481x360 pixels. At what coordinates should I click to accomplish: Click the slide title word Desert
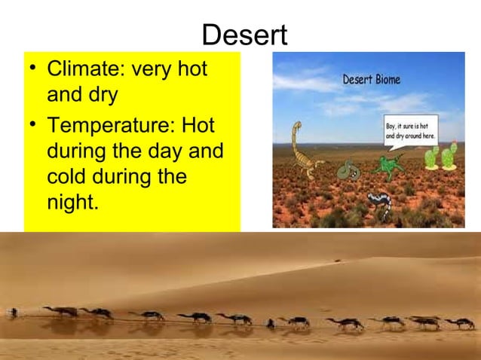click(245, 35)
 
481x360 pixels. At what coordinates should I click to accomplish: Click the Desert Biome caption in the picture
click(372, 78)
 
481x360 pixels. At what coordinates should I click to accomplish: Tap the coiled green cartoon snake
click(348, 171)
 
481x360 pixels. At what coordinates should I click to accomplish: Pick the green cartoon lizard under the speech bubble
click(390, 163)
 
